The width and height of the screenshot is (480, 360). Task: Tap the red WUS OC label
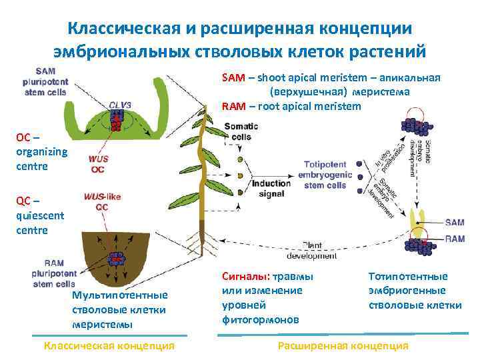pos(98,165)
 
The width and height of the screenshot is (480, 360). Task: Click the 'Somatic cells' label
pos(237,132)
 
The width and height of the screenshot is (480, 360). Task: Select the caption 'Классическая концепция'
pos(109,345)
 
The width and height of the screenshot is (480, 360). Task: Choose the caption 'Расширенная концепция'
pos(343,345)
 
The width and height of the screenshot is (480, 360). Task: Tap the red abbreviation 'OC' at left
pos(23,137)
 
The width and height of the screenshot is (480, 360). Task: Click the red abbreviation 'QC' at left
pos(23,201)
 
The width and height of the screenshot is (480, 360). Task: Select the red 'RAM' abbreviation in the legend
pos(233,106)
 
